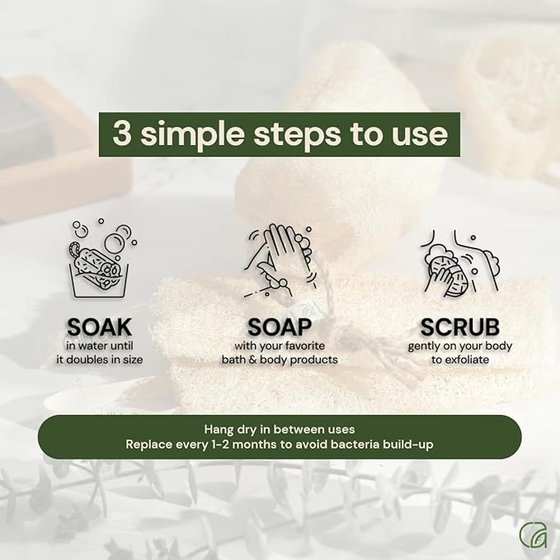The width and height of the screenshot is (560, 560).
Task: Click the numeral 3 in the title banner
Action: (x=123, y=134)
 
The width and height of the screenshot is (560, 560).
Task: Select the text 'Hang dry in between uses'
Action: (x=280, y=429)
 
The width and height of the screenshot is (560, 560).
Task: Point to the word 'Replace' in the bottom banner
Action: (x=148, y=445)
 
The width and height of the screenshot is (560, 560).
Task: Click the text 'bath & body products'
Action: (x=280, y=360)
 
